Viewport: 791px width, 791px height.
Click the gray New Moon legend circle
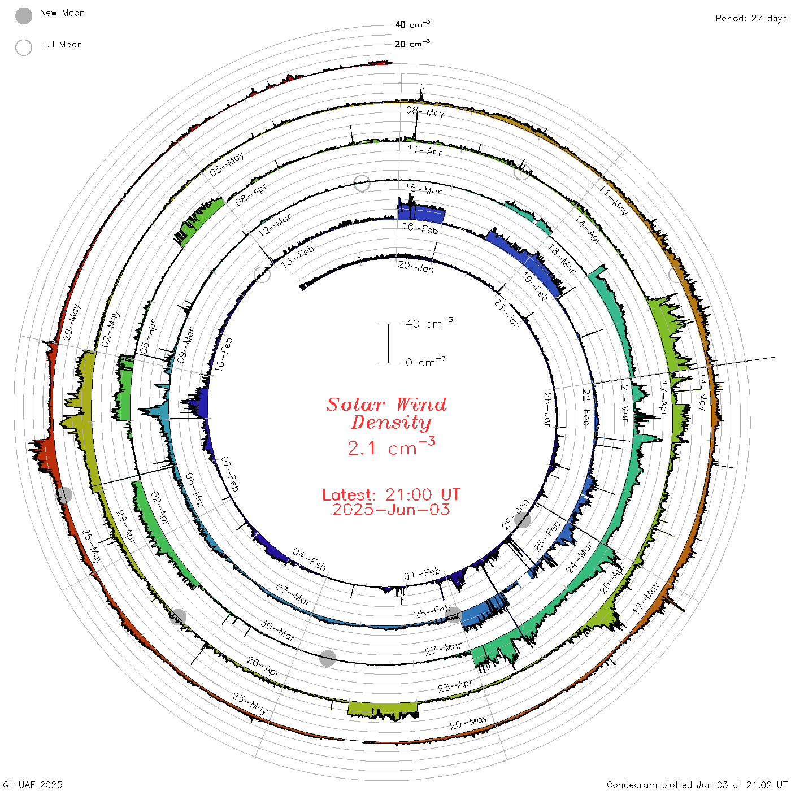[x=23, y=16]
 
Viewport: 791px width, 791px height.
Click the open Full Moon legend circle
[x=23, y=47]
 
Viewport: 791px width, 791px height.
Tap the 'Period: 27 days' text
[x=751, y=19]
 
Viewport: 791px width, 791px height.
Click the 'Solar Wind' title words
[x=386, y=405]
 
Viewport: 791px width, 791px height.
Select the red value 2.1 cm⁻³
[x=391, y=446]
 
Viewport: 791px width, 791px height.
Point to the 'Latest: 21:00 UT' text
[x=391, y=494]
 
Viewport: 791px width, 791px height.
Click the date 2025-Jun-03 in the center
[x=391, y=510]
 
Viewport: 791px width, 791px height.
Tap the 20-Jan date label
[x=415, y=267]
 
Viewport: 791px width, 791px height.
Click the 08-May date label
[x=425, y=111]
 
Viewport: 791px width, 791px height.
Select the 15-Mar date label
[x=423, y=190]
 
